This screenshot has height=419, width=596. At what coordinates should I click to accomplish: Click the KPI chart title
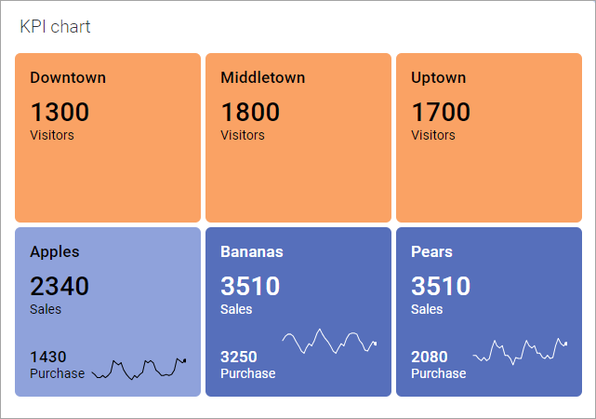pyautogui.click(x=55, y=27)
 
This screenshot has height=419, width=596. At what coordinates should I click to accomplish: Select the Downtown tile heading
pyautogui.click(x=68, y=78)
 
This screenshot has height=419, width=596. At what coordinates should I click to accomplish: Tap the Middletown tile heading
pyautogui.click(x=262, y=78)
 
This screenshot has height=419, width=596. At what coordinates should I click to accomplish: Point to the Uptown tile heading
pyautogui.click(x=438, y=78)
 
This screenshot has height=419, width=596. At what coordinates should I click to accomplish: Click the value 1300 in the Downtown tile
pyautogui.click(x=60, y=113)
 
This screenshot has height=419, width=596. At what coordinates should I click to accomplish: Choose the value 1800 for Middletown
pyautogui.click(x=250, y=113)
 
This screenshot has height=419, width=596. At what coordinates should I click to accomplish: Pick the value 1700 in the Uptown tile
pyautogui.click(x=441, y=113)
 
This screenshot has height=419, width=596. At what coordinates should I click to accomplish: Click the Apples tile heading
pyautogui.click(x=55, y=251)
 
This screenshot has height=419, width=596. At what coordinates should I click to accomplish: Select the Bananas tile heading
pyautogui.click(x=252, y=251)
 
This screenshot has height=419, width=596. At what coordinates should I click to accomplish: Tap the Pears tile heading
pyautogui.click(x=431, y=251)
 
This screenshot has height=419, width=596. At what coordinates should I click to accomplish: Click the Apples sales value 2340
pyautogui.click(x=60, y=286)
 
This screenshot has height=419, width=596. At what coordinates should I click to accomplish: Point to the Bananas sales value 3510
pyautogui.click(x=250, y=286)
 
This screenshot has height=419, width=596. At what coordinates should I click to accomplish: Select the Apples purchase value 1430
pyautogui.click(x=48, y=357)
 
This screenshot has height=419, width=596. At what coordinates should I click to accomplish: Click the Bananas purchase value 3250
pyautogui.click(x=239, y=357)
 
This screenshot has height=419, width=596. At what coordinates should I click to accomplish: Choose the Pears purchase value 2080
pyautogui.click(x=430, y=357)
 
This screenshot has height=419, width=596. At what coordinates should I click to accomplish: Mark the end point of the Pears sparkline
pyautogui.click(x=566, y=344)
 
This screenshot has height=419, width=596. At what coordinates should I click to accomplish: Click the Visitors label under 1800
pyautogui.click(x=243, y=135)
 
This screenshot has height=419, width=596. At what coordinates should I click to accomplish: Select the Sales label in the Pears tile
pyautogui.click(x=427, y=309)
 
